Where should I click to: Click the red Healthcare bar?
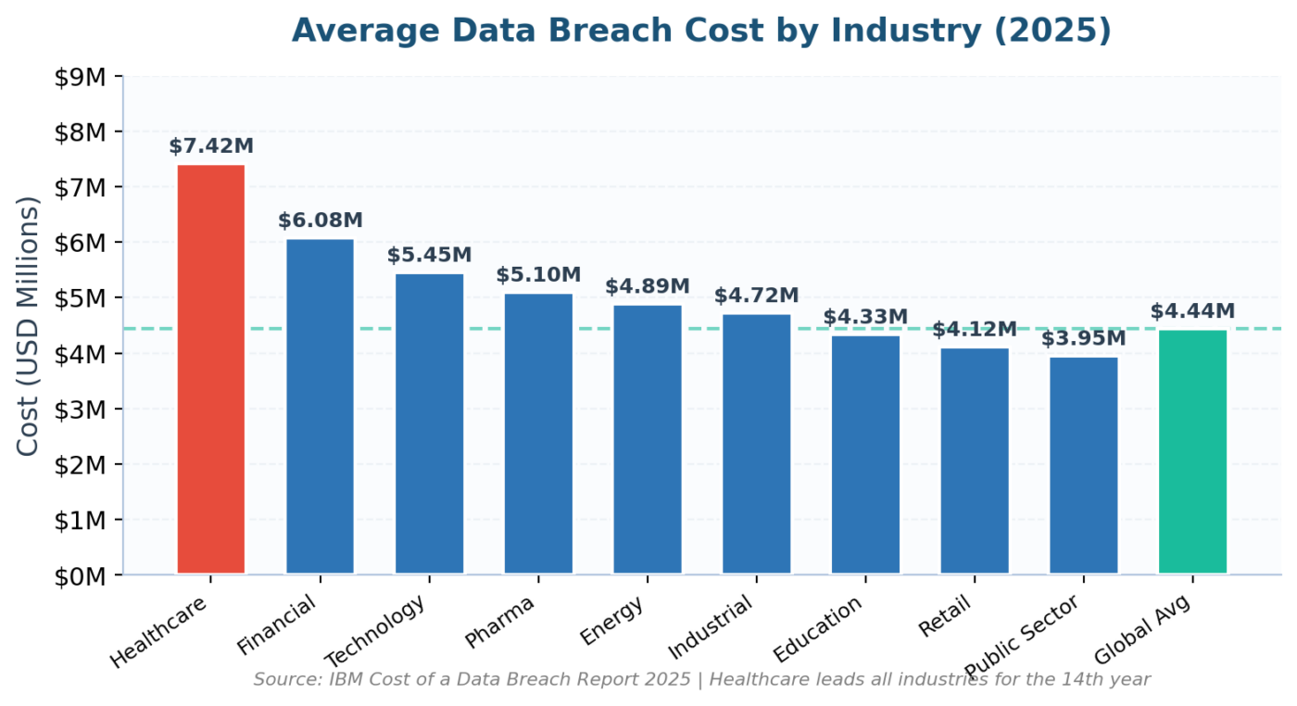[x=211, y=370]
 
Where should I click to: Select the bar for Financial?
[x=321, y=407]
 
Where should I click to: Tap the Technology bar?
[x=429, y=424]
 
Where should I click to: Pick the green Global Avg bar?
[x=1193, y=452]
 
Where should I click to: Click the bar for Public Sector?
[x=1083, y=466]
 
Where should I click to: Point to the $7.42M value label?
[x=211, y=146]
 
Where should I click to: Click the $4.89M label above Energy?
[x=648, y=286]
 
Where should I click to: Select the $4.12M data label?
[x=975, y=330]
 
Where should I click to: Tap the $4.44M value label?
[x=1193, y=311]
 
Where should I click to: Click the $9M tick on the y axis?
[x=80, y=77]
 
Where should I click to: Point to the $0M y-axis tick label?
[x=80, y=577]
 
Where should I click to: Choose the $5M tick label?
[x=80, y=299]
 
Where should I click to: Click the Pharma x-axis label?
[x=499, y=622]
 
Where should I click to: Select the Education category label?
[x=817, y=629]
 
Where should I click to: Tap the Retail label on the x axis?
[x=944, y=617]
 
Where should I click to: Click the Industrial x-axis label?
[x=711, y=627]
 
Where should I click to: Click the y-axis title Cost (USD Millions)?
[x=27, y=327]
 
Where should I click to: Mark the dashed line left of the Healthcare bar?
[x=150, y=329]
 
